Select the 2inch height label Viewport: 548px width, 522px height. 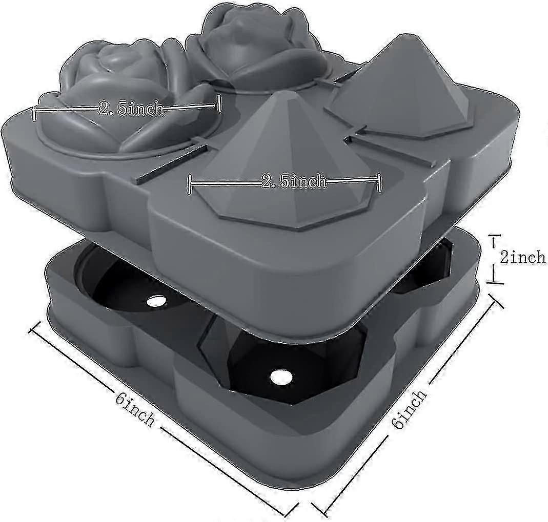522,257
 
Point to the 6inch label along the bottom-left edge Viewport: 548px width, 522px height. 135,408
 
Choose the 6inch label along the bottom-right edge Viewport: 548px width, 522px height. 409,408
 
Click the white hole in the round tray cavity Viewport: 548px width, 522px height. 156,300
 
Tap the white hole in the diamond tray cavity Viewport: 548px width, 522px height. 281,377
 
